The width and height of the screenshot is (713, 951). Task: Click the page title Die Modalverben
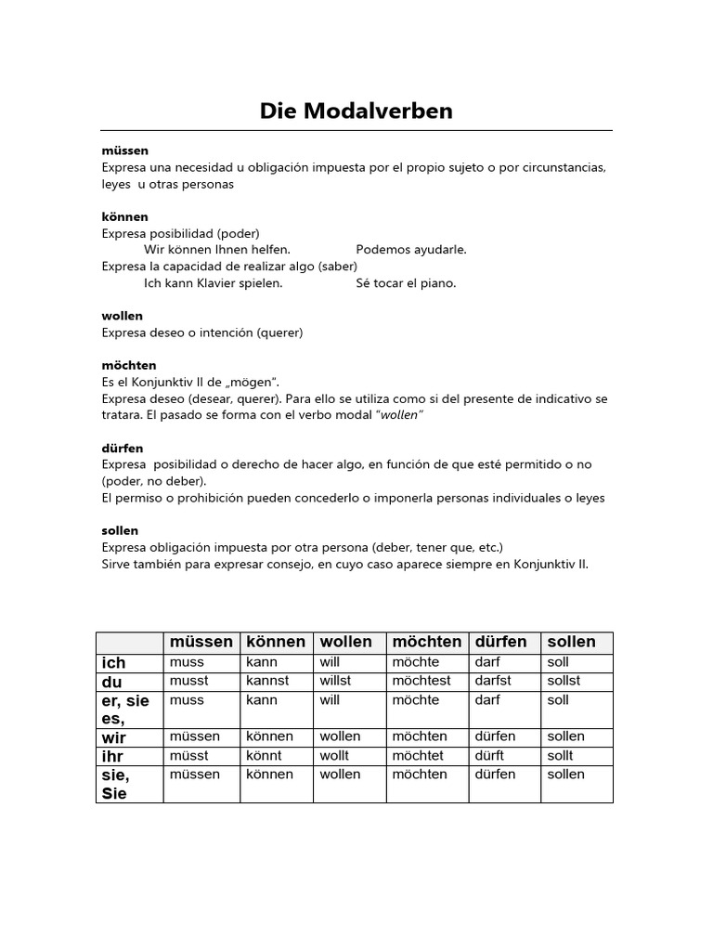point(356,111)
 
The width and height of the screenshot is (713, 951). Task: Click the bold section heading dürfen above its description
point(123,449)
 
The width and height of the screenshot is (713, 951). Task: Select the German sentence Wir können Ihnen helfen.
point(217,250)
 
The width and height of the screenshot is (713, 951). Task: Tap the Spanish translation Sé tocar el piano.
point(406,283)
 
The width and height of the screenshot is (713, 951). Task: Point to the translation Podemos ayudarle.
point(411,250)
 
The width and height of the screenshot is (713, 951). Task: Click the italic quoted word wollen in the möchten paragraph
point(400,415)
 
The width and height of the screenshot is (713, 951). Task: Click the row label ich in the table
point(113,663)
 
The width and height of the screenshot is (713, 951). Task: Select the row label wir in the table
point(114,737)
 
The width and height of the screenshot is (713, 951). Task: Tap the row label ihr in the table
point(112,756)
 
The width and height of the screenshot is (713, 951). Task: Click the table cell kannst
point(267,681)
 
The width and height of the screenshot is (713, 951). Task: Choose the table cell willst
point(336,681)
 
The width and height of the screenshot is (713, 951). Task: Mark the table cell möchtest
point(421,681)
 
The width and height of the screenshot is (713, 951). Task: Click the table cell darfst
point(493,681)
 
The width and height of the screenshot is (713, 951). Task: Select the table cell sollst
point(564,681)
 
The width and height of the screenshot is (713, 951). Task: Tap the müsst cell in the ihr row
point(188,756)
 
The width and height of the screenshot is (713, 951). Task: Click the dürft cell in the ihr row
point(491,756)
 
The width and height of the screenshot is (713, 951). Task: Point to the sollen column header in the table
point(571,642)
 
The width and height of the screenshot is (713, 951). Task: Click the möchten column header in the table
point(426,642)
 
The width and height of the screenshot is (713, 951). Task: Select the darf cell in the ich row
point(487,662)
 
